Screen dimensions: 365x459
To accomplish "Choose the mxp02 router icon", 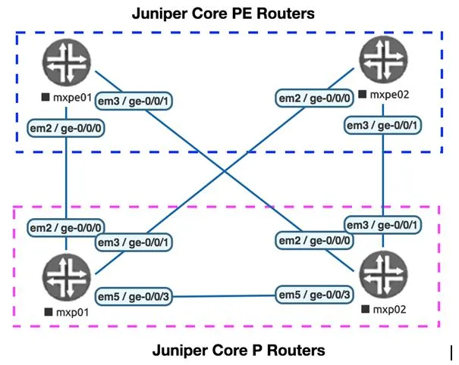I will point(380,273).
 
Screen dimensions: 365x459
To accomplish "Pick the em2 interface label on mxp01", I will point(66,227).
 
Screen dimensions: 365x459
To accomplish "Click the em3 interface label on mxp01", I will point(134,242).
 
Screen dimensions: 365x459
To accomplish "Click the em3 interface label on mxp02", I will point(383,225).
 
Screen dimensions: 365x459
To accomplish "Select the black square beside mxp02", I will point(366,308).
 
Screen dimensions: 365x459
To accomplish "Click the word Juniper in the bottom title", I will point(178,351).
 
